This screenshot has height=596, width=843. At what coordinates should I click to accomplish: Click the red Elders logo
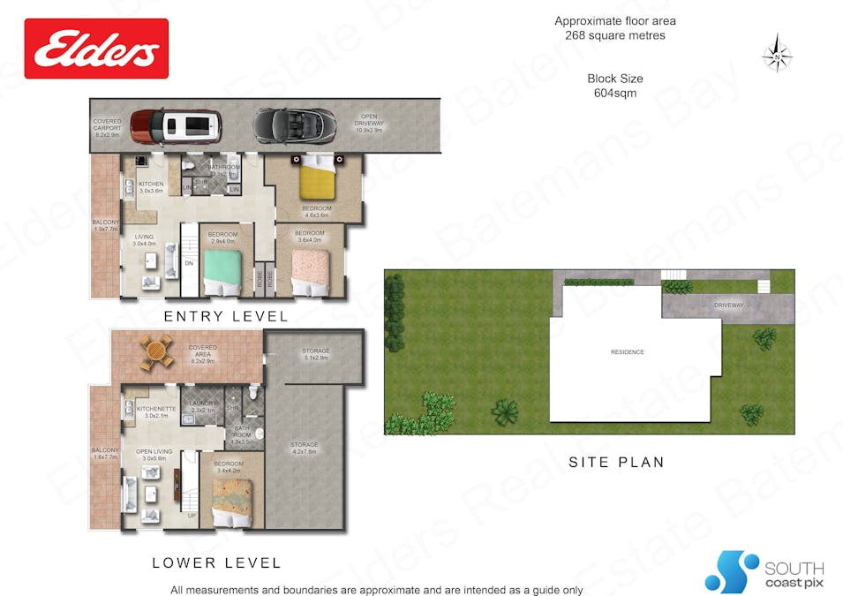pyautogui.click(x=96, y=49)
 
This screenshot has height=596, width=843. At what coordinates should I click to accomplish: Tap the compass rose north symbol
pyautogui.click(x=777, y=52)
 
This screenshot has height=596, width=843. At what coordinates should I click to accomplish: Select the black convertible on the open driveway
pyautogui.click(x=294, y=125)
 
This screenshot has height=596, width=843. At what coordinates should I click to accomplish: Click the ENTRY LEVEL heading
pyautogui.click(x=226, y=316)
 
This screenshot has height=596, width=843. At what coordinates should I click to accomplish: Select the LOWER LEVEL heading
pyautogui.click(x=216, y=562)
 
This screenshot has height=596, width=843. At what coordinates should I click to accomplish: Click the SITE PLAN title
pyautogui.click(x=616, y=462)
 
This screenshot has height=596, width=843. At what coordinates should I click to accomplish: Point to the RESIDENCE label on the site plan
pyautogui.click(x=628, y=352)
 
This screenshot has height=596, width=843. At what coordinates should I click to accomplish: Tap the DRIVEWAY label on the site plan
pyautogui.click(x=730, y=306)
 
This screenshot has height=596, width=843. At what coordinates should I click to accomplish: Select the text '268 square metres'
pyautogui.click(x=615, y=36)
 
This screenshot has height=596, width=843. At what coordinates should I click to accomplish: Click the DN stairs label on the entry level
pyautogui.click(x=189, y=263)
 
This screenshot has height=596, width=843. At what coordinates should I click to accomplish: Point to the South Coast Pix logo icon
pyautogui.click(x=732, y=571)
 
